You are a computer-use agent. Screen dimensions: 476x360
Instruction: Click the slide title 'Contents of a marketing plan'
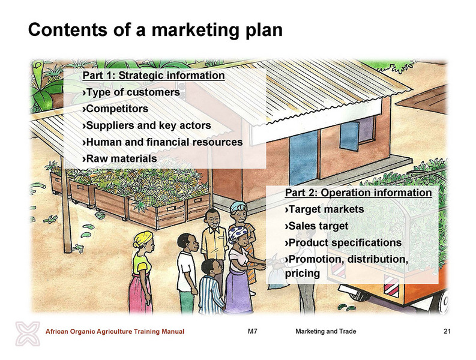155,30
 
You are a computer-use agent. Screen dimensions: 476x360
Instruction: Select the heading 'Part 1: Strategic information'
154,75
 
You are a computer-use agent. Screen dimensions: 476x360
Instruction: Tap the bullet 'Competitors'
115,109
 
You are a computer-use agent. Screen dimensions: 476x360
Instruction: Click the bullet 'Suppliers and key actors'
146,125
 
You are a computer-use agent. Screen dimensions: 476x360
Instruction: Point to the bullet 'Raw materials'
119,158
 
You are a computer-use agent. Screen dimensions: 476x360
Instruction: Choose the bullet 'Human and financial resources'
163,142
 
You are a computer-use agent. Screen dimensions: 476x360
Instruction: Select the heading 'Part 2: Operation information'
358,193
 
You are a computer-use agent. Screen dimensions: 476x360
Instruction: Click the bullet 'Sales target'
316,226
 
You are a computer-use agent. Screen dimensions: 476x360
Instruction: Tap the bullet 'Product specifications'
343,242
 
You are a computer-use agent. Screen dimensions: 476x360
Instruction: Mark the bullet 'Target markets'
325,209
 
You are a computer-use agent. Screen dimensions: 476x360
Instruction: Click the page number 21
447,331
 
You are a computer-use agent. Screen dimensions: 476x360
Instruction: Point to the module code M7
253,331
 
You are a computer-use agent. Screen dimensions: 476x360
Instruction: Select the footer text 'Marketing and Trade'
326,331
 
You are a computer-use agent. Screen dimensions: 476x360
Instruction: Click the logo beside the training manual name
28,333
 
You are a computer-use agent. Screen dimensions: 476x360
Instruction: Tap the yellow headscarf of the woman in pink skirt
142,238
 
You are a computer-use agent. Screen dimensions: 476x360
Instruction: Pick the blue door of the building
303,157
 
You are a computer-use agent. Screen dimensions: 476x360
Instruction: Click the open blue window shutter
349,136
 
